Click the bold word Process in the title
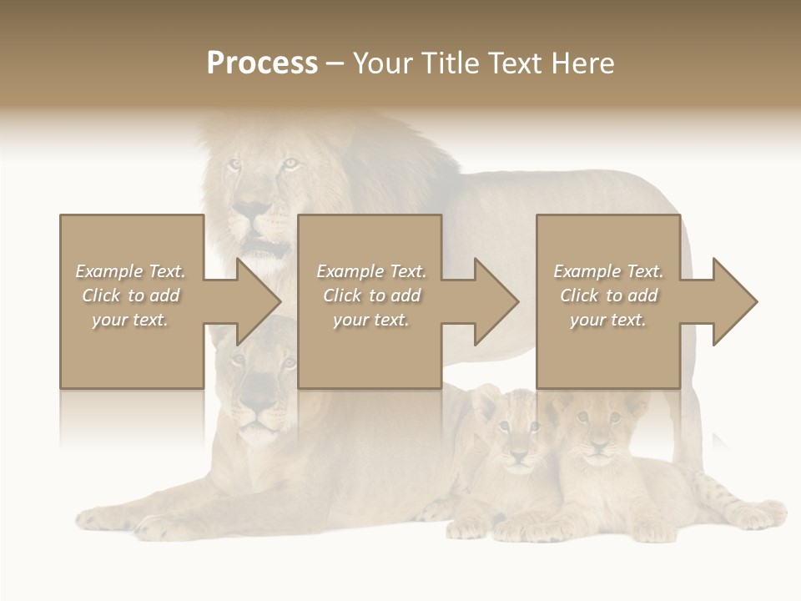(262, 63)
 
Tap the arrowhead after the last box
(733, 301)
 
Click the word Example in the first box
(108, 271)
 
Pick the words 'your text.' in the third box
(607, 320)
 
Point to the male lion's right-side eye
(290, 164)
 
